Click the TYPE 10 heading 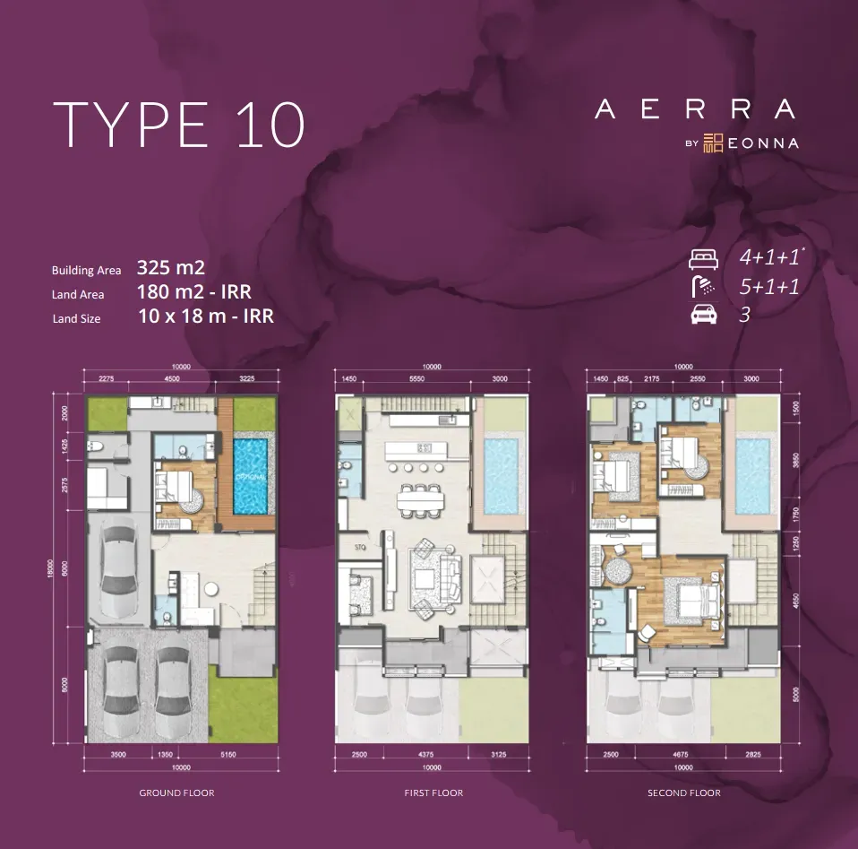(x=179, y=125)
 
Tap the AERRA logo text (x=695, y=109)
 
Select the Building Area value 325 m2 (x=171, y=267)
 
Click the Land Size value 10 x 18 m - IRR (x=206, y=316)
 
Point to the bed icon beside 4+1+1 (x=704, y=260)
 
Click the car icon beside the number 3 (x=703, y=315)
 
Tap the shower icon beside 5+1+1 (x=704, y=287)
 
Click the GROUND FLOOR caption (x=176, y=793)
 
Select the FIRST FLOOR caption (x=433, y=793)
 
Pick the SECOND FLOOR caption (x=684, y=793)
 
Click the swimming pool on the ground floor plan (x=251, y=475)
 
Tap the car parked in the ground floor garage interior (x=119, y=572)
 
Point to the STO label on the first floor (x=361, y=544)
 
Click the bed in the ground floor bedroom (x=183, y=489)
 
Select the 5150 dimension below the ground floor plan (x=227, y=756)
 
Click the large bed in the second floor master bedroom (x=687, y=599)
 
